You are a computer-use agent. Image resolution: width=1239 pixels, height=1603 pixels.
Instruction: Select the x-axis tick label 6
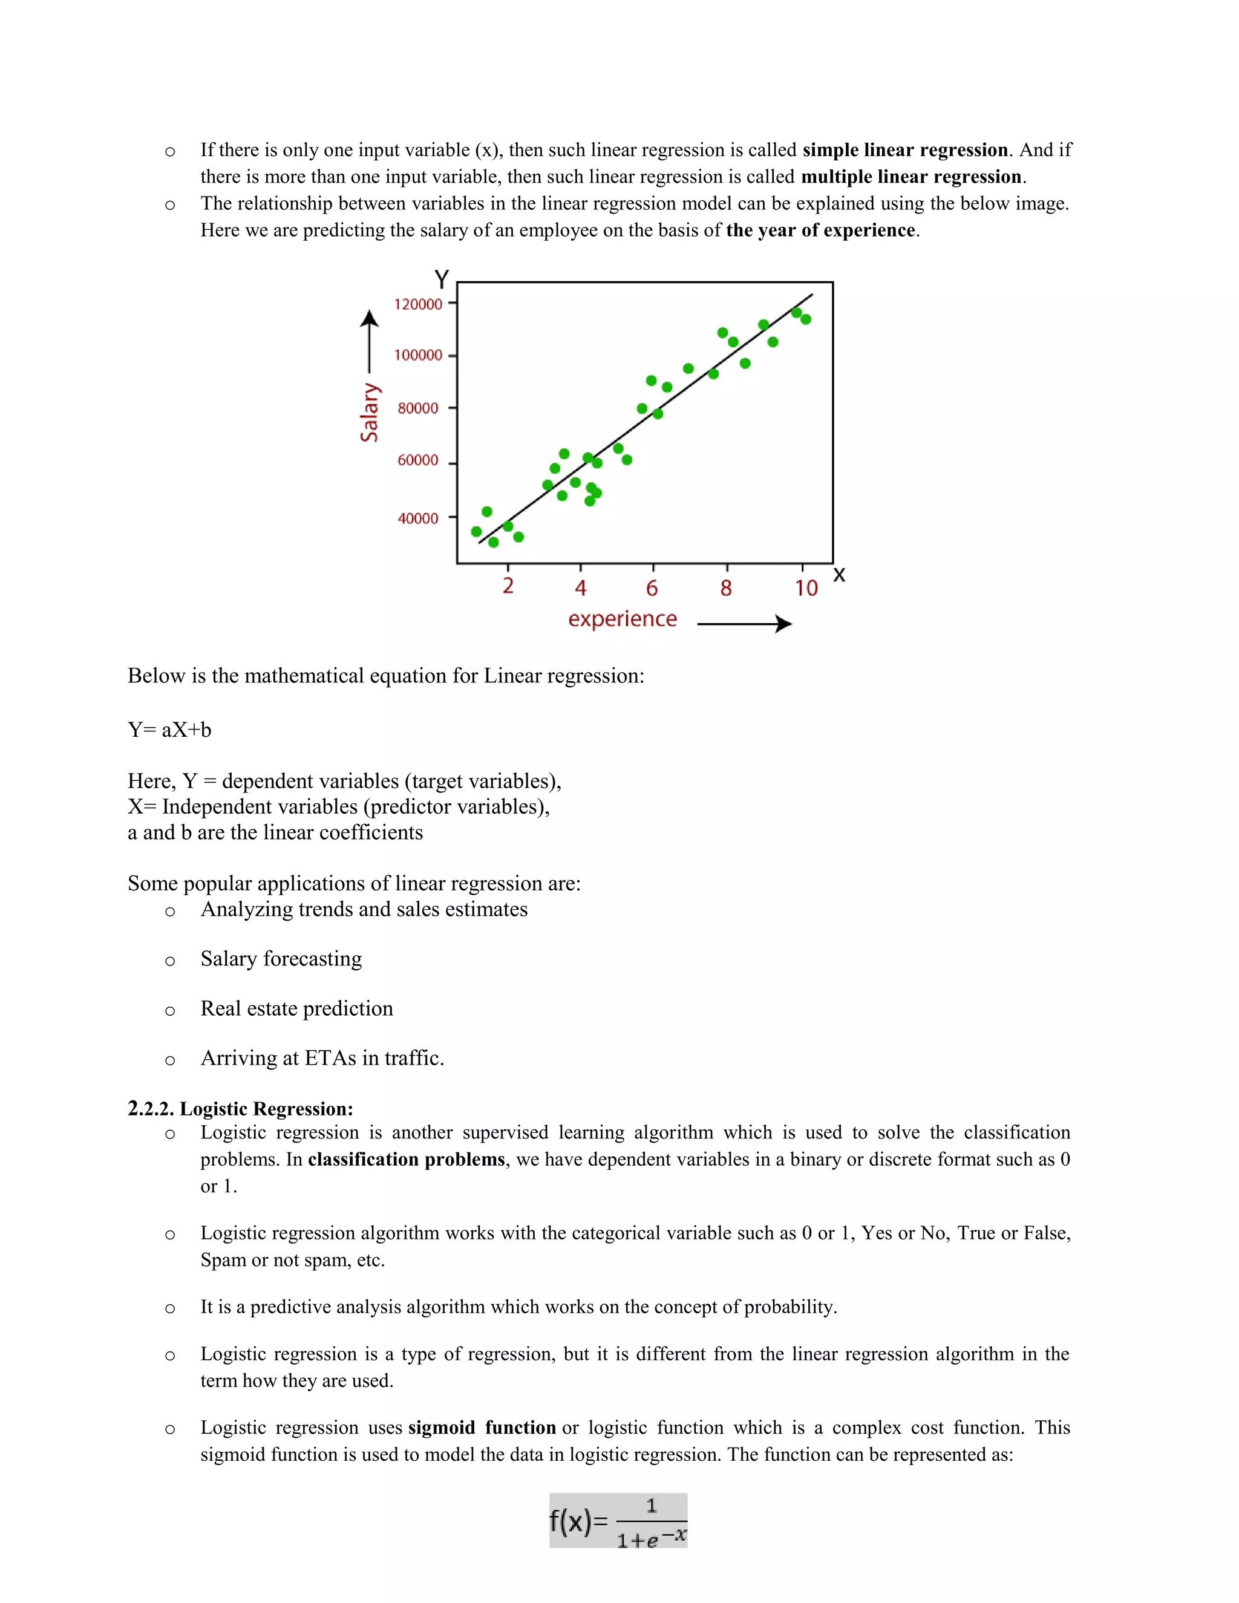[652, 588]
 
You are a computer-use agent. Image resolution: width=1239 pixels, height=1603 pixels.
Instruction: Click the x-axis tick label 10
[806, 588]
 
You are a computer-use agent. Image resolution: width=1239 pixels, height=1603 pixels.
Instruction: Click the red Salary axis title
[369, 413]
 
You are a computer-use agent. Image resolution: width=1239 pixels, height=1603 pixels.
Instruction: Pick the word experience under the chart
[623, 619]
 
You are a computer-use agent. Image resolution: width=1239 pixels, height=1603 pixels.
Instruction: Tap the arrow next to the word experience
[744, 624]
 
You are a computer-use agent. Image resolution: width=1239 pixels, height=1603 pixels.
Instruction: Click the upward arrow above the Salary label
[369, 342]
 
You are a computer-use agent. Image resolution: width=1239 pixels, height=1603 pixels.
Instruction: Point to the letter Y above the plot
[441, 279]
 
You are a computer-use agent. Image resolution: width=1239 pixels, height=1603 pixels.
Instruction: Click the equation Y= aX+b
[169, 730]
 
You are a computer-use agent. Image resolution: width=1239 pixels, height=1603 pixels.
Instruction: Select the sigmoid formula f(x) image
[618, 1520]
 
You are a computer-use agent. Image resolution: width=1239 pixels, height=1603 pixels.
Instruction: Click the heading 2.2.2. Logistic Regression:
[241, 1108]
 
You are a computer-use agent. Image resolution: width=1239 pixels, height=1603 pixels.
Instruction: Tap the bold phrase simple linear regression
[904, 150]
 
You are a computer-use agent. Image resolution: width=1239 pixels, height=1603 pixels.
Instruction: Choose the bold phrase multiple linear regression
[911, 177]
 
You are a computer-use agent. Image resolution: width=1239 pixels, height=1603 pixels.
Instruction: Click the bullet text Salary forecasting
[281, 959]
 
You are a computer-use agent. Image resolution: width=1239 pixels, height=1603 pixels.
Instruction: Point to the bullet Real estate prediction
[296, 1008]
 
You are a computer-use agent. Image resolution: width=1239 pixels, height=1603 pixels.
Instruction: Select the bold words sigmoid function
[482, 1427]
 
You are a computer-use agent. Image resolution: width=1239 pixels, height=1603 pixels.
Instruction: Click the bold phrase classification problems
[407, 1159]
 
